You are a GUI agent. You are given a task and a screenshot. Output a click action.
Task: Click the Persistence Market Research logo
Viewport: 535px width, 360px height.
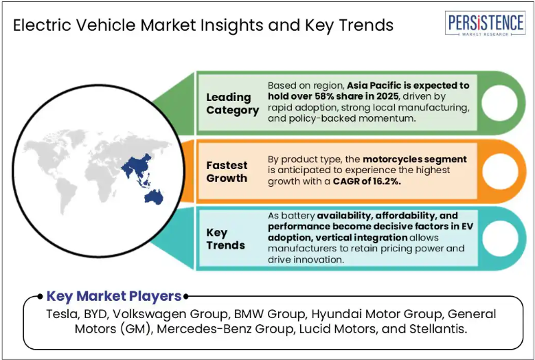pyautogui.click(x=485, y=23)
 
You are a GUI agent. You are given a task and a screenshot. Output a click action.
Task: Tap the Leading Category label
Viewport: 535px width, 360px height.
pyautogui.click(x=232, y=104)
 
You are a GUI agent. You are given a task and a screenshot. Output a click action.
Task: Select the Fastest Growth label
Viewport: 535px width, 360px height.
pyautogui.click(x=227, y=172)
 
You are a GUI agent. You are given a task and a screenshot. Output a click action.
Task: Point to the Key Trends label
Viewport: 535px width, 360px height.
pyautogui.click(x=225, y=239)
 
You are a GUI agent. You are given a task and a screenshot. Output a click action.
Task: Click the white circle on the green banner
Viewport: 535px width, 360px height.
pyautogui.click(x=499, y=103)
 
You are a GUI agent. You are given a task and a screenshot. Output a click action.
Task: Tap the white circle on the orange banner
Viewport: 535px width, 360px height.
pyautogui.click(x=500, y=171)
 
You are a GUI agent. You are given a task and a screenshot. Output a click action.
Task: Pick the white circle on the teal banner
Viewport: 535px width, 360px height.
pyautogui.click(x=500, y=238)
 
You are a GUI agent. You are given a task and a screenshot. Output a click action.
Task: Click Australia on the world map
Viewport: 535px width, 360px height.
pyautogui.click(x=154, y=197)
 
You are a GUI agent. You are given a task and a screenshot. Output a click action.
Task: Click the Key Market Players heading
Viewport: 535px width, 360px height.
pyautogui.click(x=114, y=296)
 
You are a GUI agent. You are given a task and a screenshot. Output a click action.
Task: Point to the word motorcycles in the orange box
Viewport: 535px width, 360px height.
pyautogui.click(x=388, y=159)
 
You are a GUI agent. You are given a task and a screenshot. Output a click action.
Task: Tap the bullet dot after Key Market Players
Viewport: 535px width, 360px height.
pyautogui.click(x=186, y=297)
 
